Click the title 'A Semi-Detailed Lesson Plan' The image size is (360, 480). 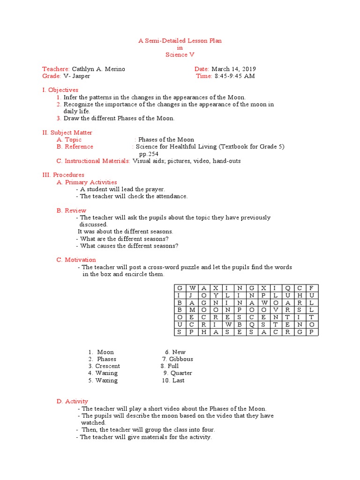pyautogui.click(x=180, y=41)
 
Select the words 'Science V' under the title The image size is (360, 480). pyautogui.click(x=180, y=55)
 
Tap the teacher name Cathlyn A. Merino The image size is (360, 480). pyautogui.click(x=98, y=69)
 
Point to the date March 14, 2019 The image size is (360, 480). pyautogui.click(x=233, y=69)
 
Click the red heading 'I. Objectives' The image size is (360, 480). pyautogui.click(x=60, y=90)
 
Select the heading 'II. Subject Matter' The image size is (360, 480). pyautogui.click(x=67, y=133)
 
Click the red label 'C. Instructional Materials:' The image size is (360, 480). pyautogui.click(x=93, y=161)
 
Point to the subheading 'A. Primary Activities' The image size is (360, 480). pyautogui.click(x=87, y=182)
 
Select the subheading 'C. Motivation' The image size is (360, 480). pyautogui.click(x=76, y=260)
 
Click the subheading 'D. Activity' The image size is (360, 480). pyautogui.click(x=72, y=401)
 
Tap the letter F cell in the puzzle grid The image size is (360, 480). pyautogui.click(x=311, y=288)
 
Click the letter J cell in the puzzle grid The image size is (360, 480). pyautogui.click(x=191, y=295)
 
